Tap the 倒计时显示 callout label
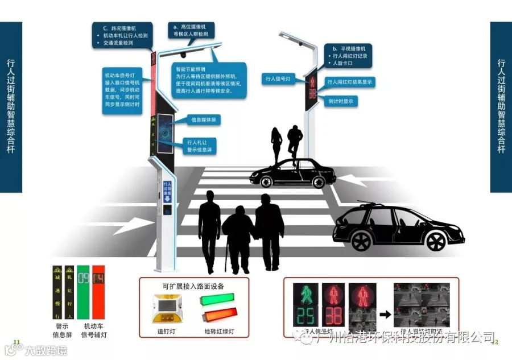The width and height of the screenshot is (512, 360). [340, 101]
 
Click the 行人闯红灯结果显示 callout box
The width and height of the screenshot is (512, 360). [350, 82]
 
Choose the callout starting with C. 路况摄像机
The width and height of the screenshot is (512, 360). [122, 35]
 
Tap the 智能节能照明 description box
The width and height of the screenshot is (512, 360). [209, 79]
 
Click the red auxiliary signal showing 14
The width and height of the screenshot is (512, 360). [98, 279]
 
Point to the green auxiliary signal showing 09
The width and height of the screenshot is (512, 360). [83, 279]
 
